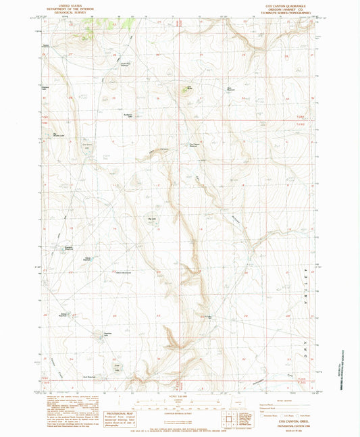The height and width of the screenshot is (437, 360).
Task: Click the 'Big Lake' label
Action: (151, 218)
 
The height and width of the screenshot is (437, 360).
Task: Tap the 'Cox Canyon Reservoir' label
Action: (194, 144)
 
